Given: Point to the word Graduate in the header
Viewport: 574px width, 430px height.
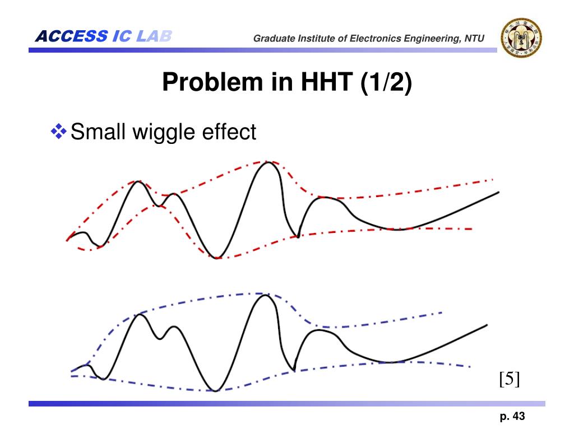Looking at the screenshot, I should coord(272,39).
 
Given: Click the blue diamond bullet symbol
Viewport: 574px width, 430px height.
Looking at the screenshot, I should coord(58,132).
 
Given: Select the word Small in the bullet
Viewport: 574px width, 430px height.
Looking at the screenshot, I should coord(99,132).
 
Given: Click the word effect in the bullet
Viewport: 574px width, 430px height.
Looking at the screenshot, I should coord(229,132).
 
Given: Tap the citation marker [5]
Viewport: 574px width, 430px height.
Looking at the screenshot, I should coord(510,378).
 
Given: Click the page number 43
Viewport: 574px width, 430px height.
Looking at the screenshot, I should coord(519,416).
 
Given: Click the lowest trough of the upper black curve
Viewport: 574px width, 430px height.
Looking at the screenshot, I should coord(217,258).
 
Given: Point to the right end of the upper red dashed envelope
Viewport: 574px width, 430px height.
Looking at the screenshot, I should coord(492,180).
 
